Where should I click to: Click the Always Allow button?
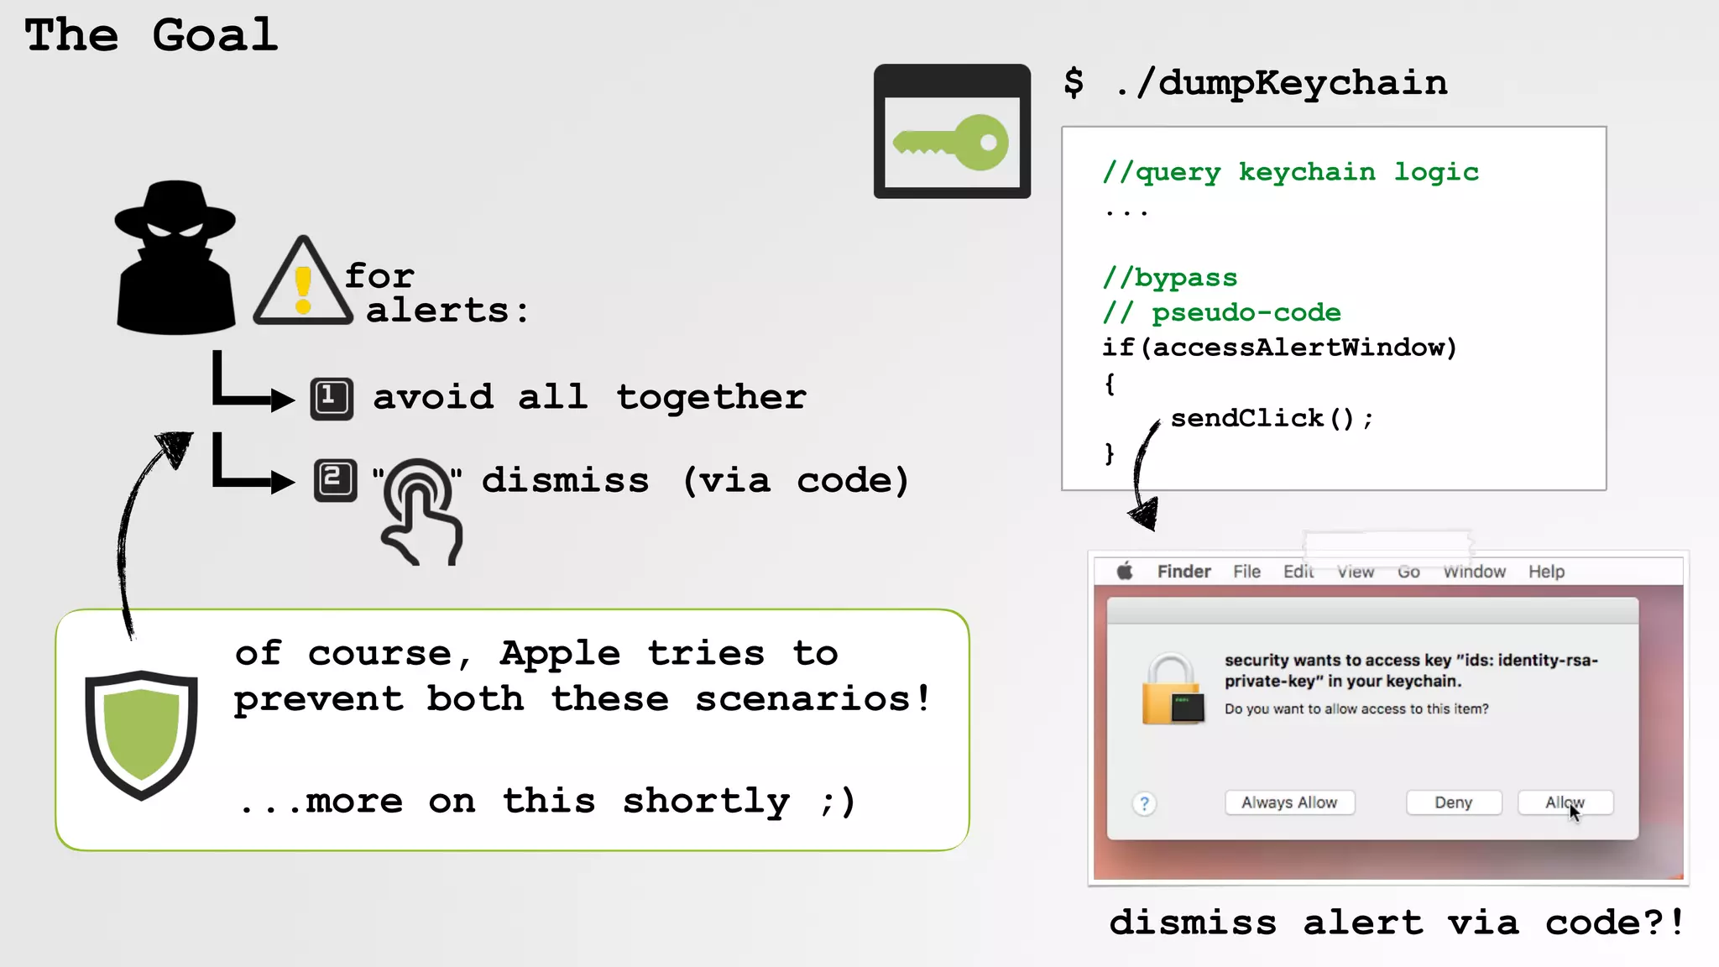coord(1289,802)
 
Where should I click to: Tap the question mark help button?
coord(1144,804)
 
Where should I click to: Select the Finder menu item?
coord(1183,572)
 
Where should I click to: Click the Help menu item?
coord(1546,572)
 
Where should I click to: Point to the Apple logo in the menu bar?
coord(1125,572)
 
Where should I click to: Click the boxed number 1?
coord(332,398)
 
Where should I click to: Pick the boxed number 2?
coord(335,480)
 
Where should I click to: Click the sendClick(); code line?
coord(1271,418)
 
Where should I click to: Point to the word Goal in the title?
coord(215,35)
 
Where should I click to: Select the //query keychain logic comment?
coord(1290,172)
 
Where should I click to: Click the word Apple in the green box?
coord(560,653)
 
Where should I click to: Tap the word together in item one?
coord(711,397)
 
